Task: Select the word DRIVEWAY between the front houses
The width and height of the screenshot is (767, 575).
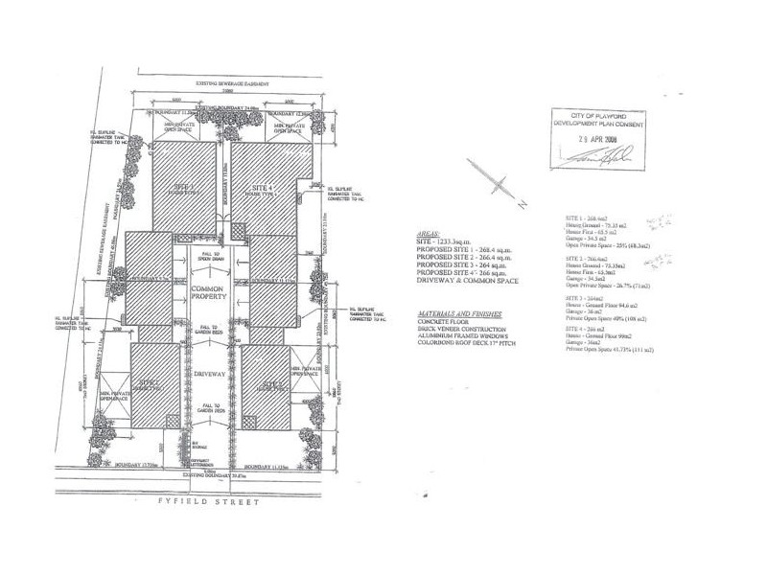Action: [208, 376]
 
